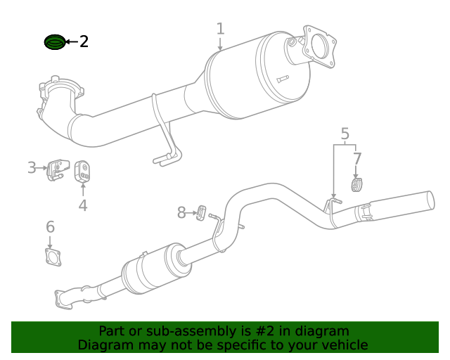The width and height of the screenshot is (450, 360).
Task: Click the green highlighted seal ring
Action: pos(54,43)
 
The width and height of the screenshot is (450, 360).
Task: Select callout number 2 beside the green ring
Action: pos(84,41)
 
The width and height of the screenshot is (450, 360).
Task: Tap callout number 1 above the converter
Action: pos(220,29)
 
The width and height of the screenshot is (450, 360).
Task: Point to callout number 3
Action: pos(32,167)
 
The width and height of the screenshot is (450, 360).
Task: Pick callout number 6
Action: pos(50,226)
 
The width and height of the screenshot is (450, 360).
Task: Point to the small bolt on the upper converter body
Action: pos(283,79)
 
